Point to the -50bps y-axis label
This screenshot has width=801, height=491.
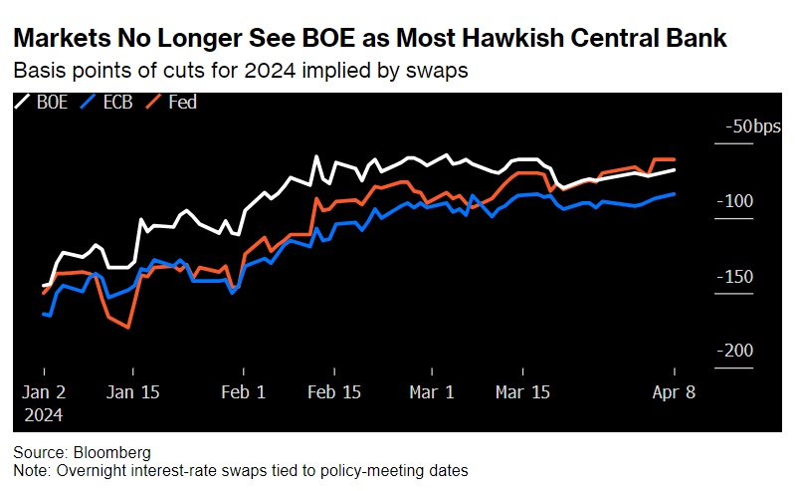[753, 126]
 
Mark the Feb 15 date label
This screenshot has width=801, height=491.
[334, 392]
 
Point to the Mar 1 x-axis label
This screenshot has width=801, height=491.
[431, 392]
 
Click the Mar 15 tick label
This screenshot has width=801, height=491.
[523, 392]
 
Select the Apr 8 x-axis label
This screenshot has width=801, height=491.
[675, 392]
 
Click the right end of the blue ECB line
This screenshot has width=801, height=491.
[675, 194]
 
